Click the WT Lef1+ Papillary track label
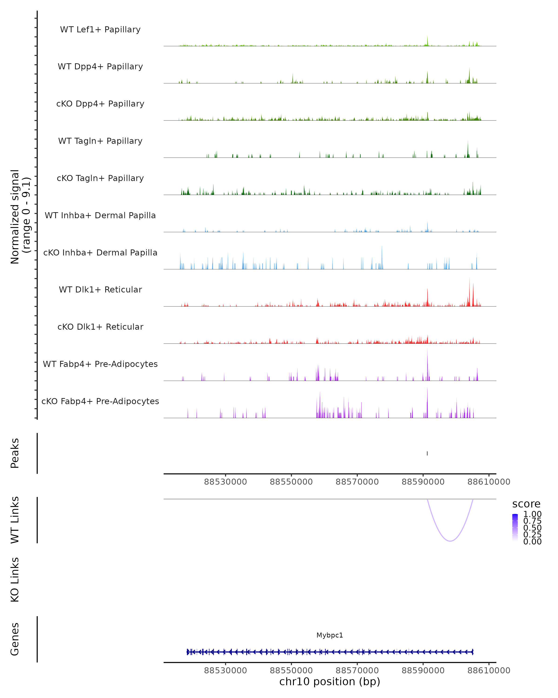(100, 30)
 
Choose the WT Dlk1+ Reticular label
(100, 289)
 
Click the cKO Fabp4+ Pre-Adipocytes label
(100, 401)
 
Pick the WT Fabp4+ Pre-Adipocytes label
(100, 364)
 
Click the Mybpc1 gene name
(330, 635)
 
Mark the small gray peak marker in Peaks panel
(427, 453)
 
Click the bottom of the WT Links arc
(450, 541)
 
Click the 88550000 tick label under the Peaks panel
(291, 482)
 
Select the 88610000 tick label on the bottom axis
(488, 671)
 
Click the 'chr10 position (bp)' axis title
(330, 682)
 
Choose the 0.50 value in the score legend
(532, 528)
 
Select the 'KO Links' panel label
(15, 580)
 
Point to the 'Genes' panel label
(15, 639)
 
